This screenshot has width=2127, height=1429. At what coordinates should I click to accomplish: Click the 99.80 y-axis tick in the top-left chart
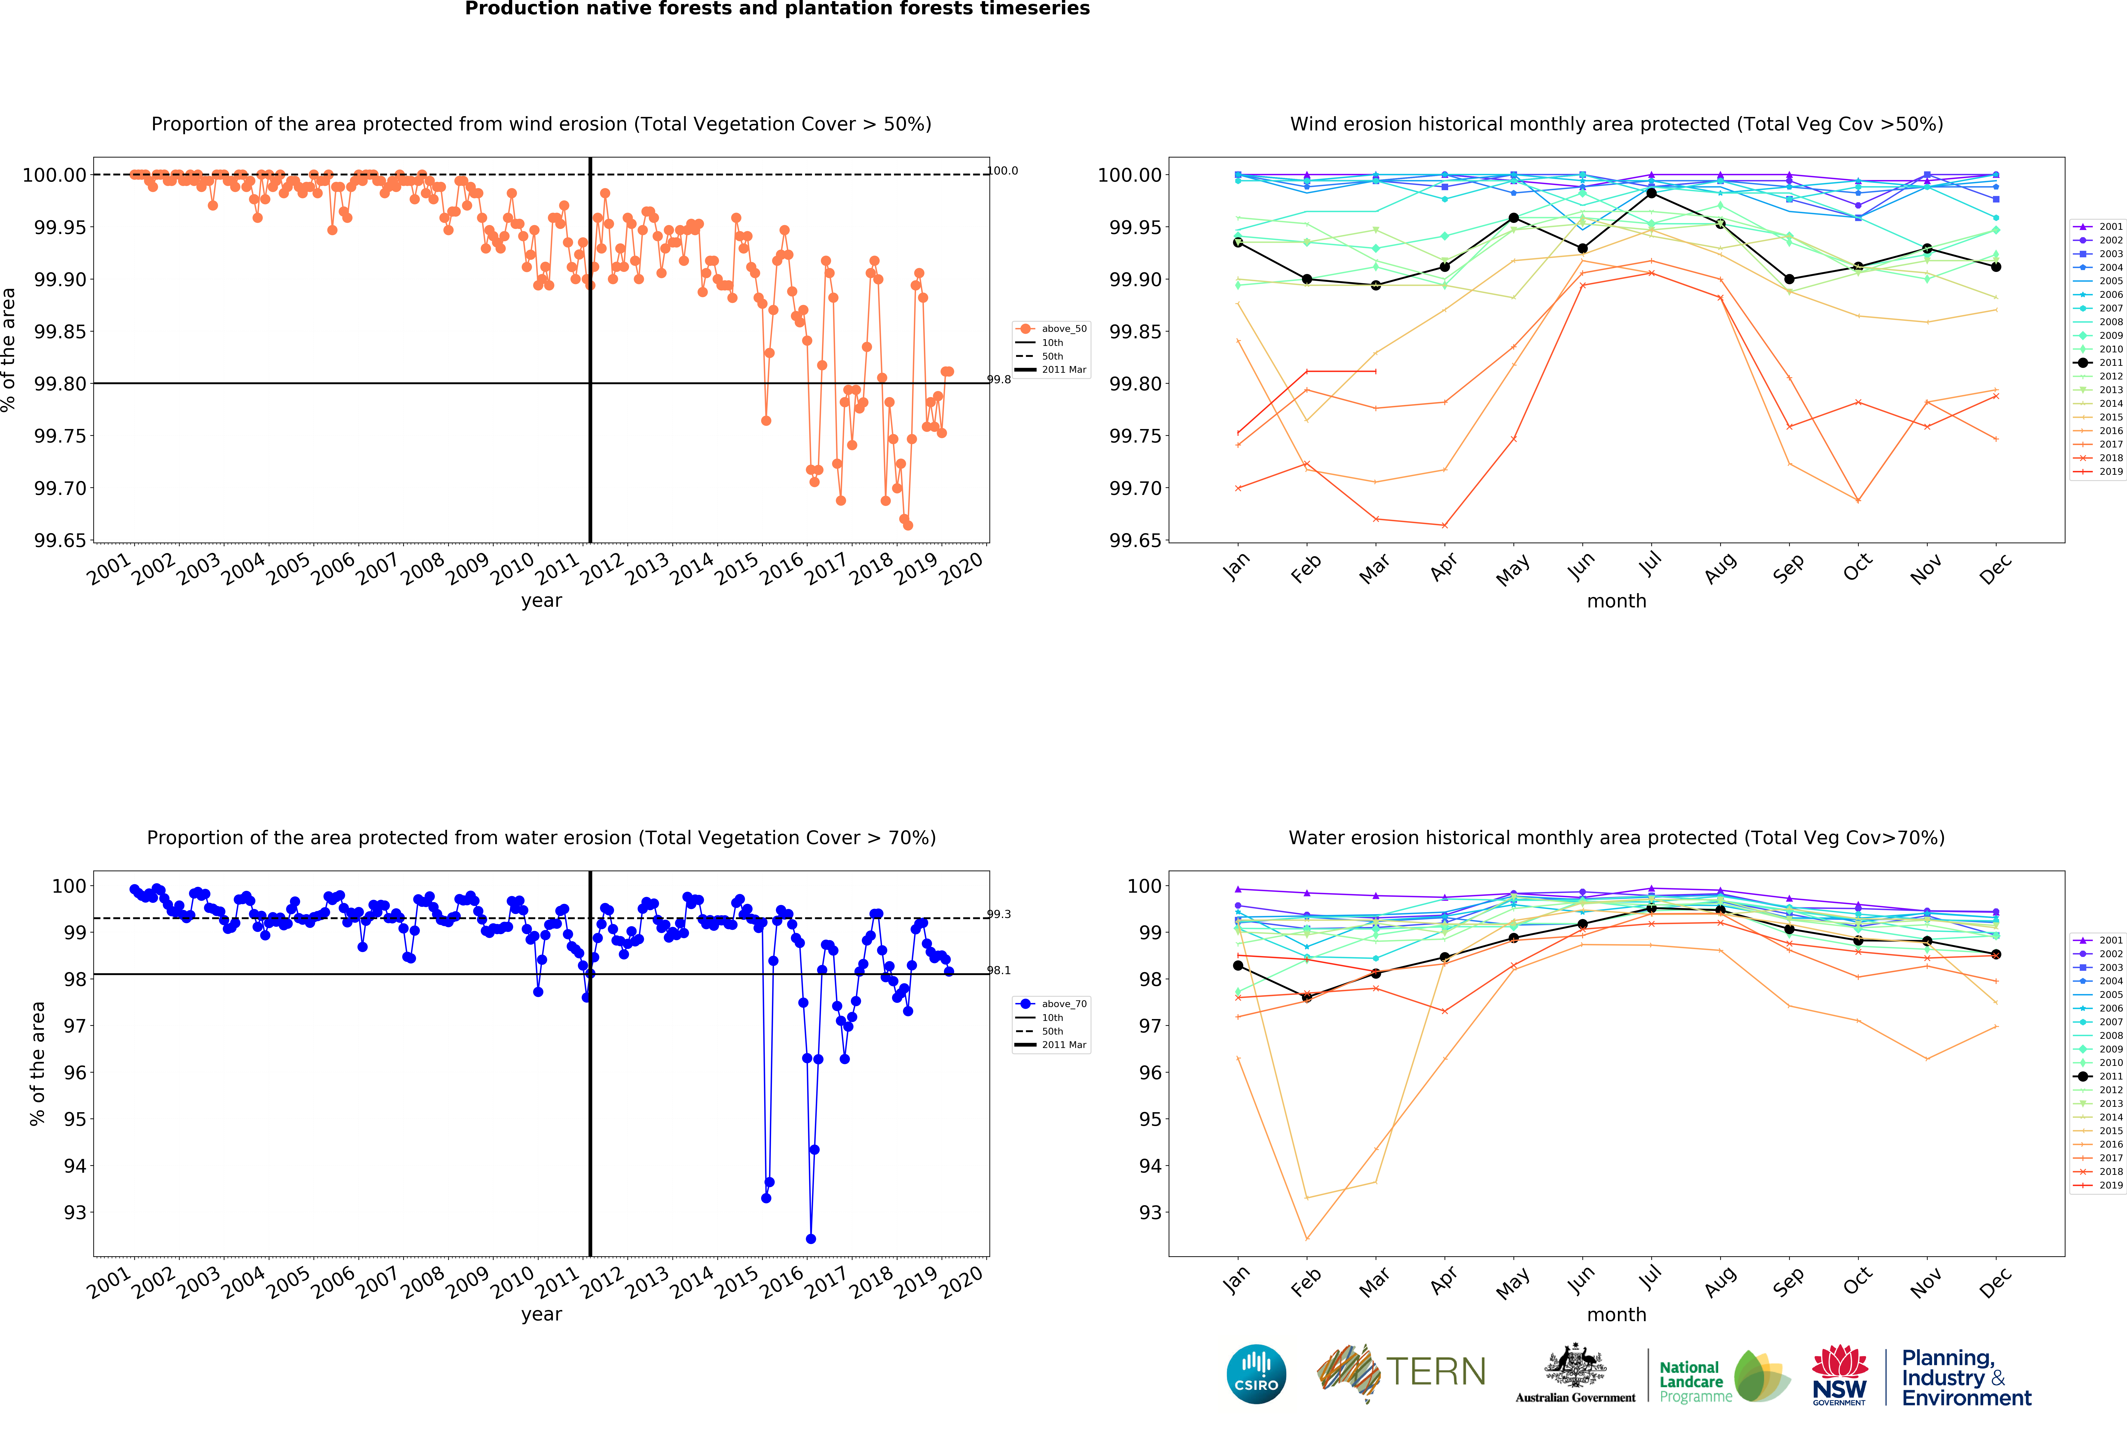click(x=60, y=384)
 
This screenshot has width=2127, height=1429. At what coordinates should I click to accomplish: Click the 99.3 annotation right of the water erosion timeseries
click(x=999, y=914)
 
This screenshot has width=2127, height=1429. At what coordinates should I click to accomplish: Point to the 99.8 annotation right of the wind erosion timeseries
click(x=999, y=380)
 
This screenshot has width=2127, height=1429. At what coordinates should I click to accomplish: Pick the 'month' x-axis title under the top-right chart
click(x=1616, y=601)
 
